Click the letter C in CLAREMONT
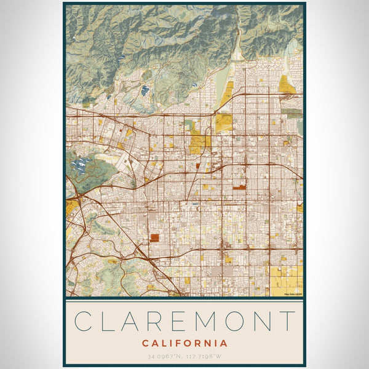(84, 321)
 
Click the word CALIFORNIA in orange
(184, 343)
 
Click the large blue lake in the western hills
(80, 165)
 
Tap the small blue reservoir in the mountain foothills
(145, 90)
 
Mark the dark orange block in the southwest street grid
(154, 237)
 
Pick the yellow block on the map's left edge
(71, 206)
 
